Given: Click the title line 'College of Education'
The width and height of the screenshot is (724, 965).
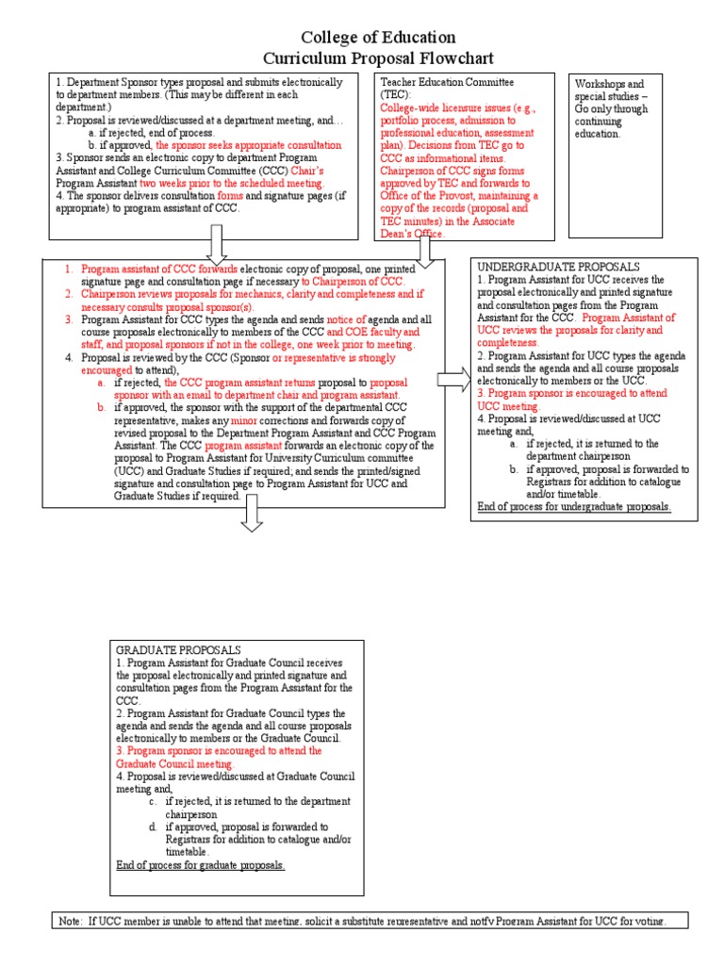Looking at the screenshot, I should point(378,38).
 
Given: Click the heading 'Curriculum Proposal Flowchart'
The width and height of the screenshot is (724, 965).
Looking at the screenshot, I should point(378,59).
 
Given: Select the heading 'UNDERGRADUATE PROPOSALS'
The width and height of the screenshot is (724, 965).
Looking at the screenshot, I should point(558,268).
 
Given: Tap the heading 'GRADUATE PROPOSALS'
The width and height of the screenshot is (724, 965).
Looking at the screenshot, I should point(178,650).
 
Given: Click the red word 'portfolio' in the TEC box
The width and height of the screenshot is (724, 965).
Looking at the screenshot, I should point(403,121).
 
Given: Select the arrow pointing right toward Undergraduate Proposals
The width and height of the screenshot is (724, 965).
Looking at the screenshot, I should point(453,381).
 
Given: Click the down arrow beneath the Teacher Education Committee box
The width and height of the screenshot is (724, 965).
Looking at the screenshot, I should point(424,248).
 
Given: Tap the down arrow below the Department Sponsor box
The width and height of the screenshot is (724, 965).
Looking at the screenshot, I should point(216,244).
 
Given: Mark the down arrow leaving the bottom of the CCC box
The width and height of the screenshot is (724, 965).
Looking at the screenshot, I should point(254,514).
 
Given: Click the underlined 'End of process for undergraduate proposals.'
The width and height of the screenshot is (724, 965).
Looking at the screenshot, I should point(573,506).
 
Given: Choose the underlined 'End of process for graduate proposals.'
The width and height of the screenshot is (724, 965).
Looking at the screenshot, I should point(200,864).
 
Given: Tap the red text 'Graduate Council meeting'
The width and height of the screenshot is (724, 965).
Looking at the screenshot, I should point(173,764).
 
